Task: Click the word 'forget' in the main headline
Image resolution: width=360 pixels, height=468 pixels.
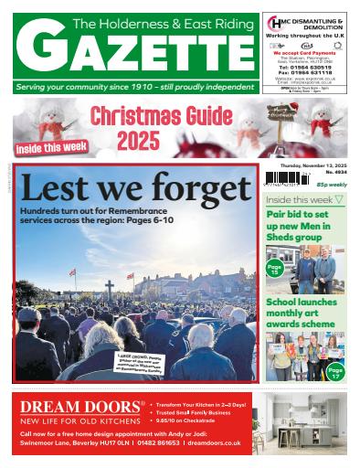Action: [x=196, y=188]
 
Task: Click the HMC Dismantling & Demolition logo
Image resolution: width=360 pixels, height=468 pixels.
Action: [x=275, y=22]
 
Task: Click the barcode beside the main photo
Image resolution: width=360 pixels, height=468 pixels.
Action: [x=284, y=179]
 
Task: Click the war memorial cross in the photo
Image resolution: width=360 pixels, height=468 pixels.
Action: [x=110, y=291]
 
